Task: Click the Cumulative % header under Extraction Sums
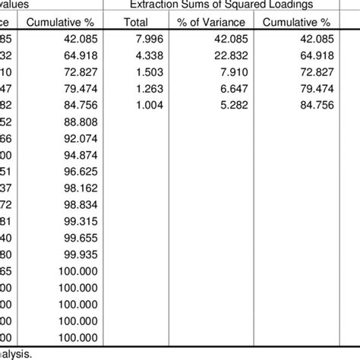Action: pyautogui.click(x=297, y=22)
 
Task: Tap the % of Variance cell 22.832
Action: pyautogui.click(x=225, y=56)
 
